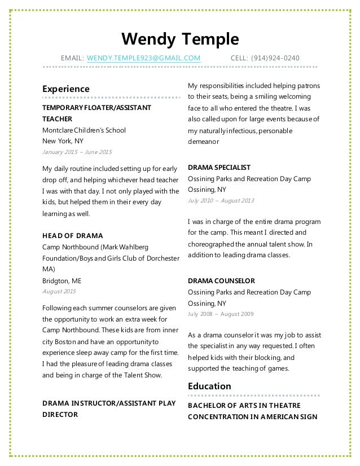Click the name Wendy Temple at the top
click(181, 39)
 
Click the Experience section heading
click(66, 89)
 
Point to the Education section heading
click(209, 386)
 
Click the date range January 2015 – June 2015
click(77, 152)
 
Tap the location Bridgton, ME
click(62, 280)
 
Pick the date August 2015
click(59, 291)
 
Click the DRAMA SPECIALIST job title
click(218, 168)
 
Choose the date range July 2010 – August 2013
click(221, 201)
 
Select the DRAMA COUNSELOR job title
click(221, 280)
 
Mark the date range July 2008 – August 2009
click(221, 313)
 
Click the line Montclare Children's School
click(84, 130)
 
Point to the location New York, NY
click(63, 141)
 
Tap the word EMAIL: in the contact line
click(73, 58)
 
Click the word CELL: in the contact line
click(242, 58)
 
